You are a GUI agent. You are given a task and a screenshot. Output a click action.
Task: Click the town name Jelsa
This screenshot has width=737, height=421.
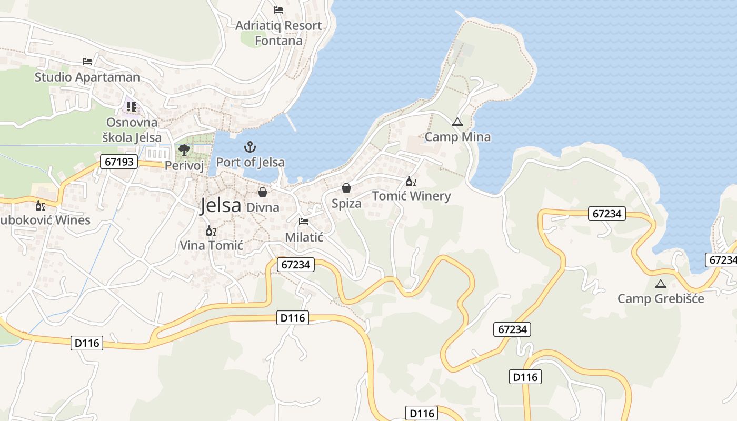click(x=221, y=206)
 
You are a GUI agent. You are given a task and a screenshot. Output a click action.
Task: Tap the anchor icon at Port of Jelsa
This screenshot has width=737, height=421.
click(x=251, y=147)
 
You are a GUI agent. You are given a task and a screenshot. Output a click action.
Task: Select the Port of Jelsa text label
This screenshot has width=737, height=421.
click(x=251, y=162)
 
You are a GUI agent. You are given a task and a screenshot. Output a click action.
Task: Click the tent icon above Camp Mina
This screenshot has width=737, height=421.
click(x=457, y=122)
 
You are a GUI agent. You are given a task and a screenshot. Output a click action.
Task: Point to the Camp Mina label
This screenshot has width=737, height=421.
click(x=457, y=137)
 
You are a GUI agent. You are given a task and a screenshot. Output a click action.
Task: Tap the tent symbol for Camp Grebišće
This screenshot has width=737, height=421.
click(x=660, y=284)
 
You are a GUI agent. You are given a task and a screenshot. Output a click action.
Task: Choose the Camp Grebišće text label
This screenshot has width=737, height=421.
click(x=661, y=299)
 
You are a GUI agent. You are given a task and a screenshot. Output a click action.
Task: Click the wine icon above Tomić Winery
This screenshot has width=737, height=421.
click(x=411, y=182)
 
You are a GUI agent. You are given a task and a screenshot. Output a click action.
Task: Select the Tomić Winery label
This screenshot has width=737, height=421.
click(x=411, y=196)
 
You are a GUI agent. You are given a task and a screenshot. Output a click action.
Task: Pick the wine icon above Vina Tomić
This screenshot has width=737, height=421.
click(x=211, y=230)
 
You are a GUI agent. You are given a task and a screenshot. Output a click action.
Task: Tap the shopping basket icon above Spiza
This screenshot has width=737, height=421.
click(x=346, y=188)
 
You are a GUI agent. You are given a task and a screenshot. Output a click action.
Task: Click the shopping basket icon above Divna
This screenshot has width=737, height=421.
click(x=263, y=192)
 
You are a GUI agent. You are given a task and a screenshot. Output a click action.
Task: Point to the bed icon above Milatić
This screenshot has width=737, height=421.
click(x=304, y=222)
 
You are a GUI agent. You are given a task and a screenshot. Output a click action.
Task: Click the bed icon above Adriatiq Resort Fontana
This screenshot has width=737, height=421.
click(x=278, y=10)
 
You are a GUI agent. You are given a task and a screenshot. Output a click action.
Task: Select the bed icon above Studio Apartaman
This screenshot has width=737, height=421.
click(x=87, y=62)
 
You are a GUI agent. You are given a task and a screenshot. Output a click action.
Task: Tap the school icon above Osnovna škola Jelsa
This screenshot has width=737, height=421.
click(x=132, y=107)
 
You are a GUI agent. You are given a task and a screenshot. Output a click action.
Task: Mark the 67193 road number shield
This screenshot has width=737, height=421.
click(x=119, y=162)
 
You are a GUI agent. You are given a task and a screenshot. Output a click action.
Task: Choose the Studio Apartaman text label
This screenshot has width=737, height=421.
click(x=87, y=77)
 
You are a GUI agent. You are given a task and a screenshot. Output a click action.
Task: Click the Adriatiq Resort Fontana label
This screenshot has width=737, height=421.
click(x=278, y=33)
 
